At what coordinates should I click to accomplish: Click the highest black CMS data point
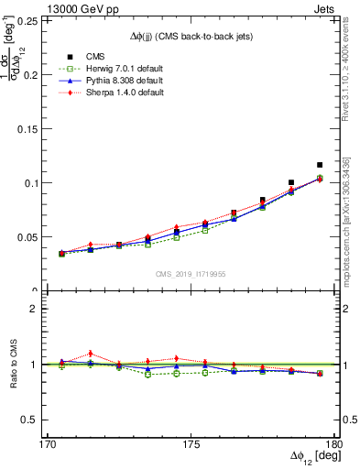tap(320, 165)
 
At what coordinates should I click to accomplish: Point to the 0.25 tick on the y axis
tap(41, 20)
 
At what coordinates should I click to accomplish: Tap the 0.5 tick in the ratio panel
tap(43, 420)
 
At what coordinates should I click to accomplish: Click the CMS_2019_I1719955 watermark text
tap(191, 273)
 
